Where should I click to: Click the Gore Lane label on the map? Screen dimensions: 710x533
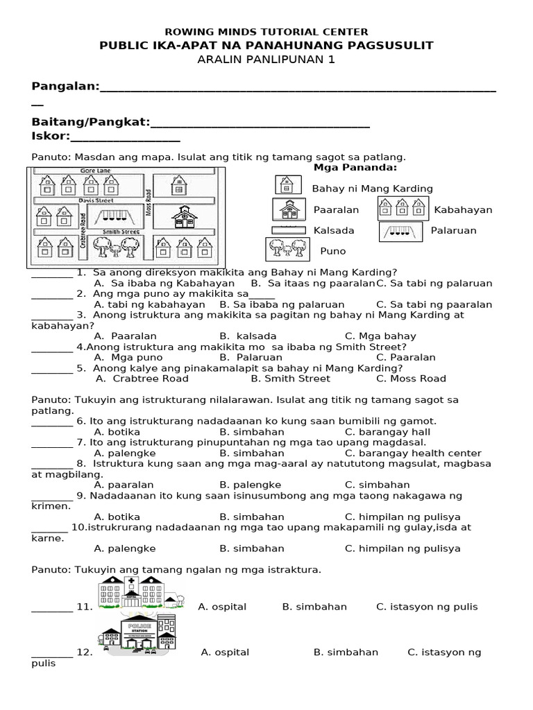pyautogui.click(x=95, y=170)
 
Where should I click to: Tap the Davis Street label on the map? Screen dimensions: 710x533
pyautogui.click(x=95, y=200)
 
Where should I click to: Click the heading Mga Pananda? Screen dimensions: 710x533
pyautogui.click(x=355, y=167)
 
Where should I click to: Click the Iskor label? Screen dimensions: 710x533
pyautogui.click(x=51, y=136)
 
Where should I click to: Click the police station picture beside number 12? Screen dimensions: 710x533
pyautogui.click(x=139, y=637)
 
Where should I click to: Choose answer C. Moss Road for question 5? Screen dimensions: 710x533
pyautogui.click(x=411, y=379)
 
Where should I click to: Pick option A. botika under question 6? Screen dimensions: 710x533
pyautogui.click(x=117, y=431)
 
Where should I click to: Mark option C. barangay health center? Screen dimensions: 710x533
pyautogui.click(x=413, y=453)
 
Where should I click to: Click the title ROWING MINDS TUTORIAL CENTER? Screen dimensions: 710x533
pyautogui.click(x=266, y=32)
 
